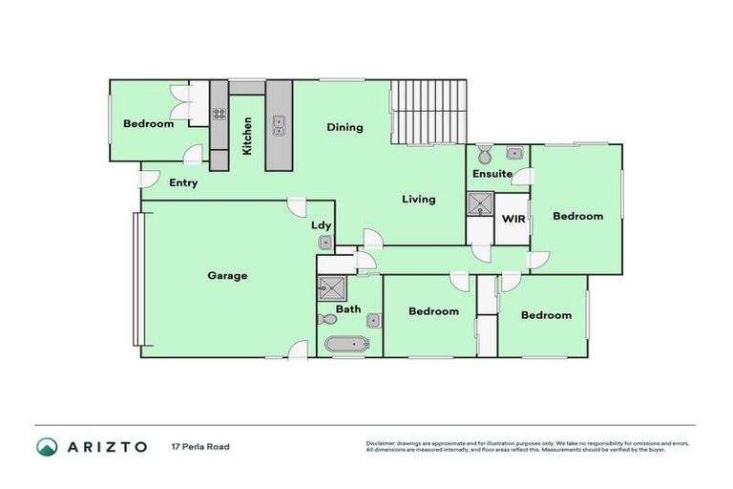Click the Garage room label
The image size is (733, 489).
coord(227,276)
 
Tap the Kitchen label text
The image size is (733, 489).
coord(247,136)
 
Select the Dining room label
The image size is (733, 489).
coord(345,127)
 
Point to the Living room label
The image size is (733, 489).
coord(418,200)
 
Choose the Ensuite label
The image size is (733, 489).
coord(492,174)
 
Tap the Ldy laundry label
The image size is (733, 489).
coord(322,226)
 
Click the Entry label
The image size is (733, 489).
coord(183,182)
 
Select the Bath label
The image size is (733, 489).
coord(348,309)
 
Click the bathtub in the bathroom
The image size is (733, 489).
coord(345,345)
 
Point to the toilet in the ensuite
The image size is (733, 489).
coord(484,155)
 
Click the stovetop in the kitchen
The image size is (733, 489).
coord(219,115)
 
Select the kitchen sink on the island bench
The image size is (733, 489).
coord(278,123)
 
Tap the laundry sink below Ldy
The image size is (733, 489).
coord(325,244)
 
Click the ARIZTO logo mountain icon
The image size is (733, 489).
coord(47,446)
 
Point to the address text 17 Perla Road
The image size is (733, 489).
coord(200,446)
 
